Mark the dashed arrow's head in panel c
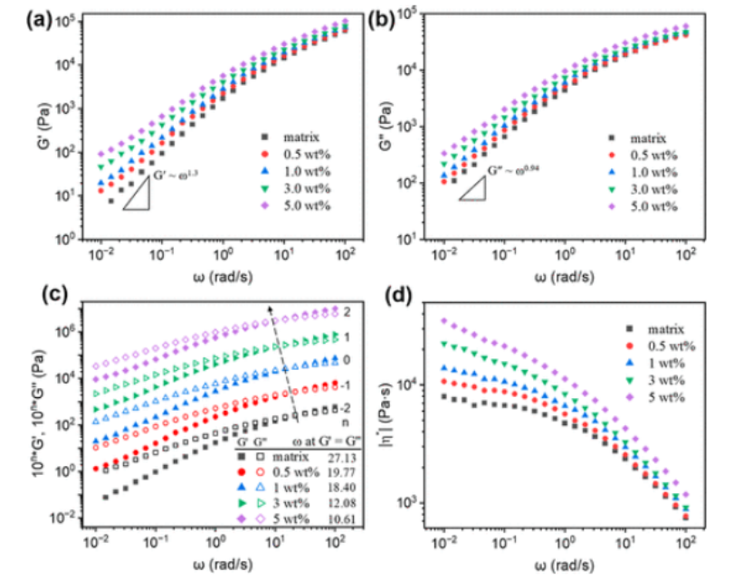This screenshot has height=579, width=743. pyautogui.click(x=270, y=308)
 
